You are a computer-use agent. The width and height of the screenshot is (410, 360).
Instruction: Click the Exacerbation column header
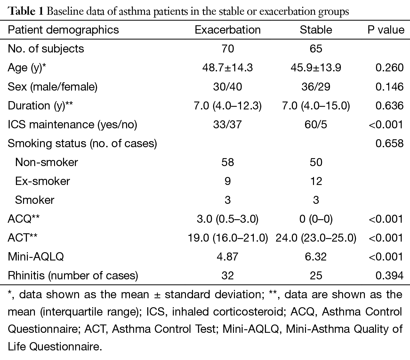coord(228,30)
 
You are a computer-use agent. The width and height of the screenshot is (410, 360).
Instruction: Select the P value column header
coord(386,30)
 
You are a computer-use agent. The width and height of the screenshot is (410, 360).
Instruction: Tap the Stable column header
coord(316,30)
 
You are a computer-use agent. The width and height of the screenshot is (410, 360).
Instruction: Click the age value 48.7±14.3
coord(228,68)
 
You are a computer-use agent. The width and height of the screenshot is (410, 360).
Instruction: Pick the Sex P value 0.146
coord(390,87)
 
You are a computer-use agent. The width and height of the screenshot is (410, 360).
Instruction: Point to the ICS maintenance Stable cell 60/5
coord(316,124)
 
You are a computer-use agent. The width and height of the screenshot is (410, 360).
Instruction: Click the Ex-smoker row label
coord(42,181)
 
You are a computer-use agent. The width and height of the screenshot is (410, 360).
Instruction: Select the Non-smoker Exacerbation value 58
coord(228,162)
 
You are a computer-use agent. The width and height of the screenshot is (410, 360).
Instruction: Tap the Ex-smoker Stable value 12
coord(316,181)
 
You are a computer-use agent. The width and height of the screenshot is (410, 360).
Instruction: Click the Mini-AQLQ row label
coord(36,257)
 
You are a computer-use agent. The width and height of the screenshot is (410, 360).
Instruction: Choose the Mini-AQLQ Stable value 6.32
coord(316,257)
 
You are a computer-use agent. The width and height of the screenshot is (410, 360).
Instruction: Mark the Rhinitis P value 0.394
coord(390,276)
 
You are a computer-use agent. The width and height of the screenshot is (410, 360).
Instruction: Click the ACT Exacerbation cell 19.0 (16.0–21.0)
coord(228,238)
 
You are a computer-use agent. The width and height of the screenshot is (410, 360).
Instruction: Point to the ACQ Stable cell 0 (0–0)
coord(316,219)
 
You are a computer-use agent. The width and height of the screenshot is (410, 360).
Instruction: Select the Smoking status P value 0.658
coord(390,143)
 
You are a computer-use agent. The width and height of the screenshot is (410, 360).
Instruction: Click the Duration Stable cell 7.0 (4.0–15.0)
coord(316,106)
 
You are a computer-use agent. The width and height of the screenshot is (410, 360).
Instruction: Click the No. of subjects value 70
coord(228,49)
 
